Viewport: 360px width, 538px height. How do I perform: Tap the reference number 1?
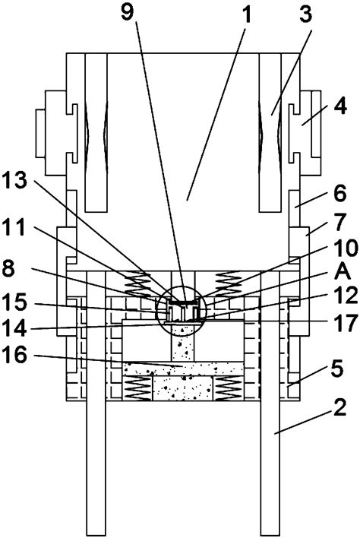click(246, 15)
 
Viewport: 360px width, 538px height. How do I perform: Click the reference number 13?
click(14, 180)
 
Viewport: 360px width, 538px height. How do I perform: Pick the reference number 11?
click(14, 226)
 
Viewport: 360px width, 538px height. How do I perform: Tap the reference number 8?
click(8, 268)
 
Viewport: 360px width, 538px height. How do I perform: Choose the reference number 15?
click(14, 302)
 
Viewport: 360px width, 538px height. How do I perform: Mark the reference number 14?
click(14, 328)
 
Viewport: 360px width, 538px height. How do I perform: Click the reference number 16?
click(14, 354)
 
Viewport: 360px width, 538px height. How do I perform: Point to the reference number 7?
click(339, 222)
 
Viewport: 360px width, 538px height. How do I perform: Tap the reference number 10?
click(346, 248)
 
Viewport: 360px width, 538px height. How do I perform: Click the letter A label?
click(343, 273)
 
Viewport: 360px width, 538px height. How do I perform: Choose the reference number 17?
click(346, 323)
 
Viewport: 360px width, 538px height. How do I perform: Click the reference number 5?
click(337, 369)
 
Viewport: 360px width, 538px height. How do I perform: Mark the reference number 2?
click(339, 407)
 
